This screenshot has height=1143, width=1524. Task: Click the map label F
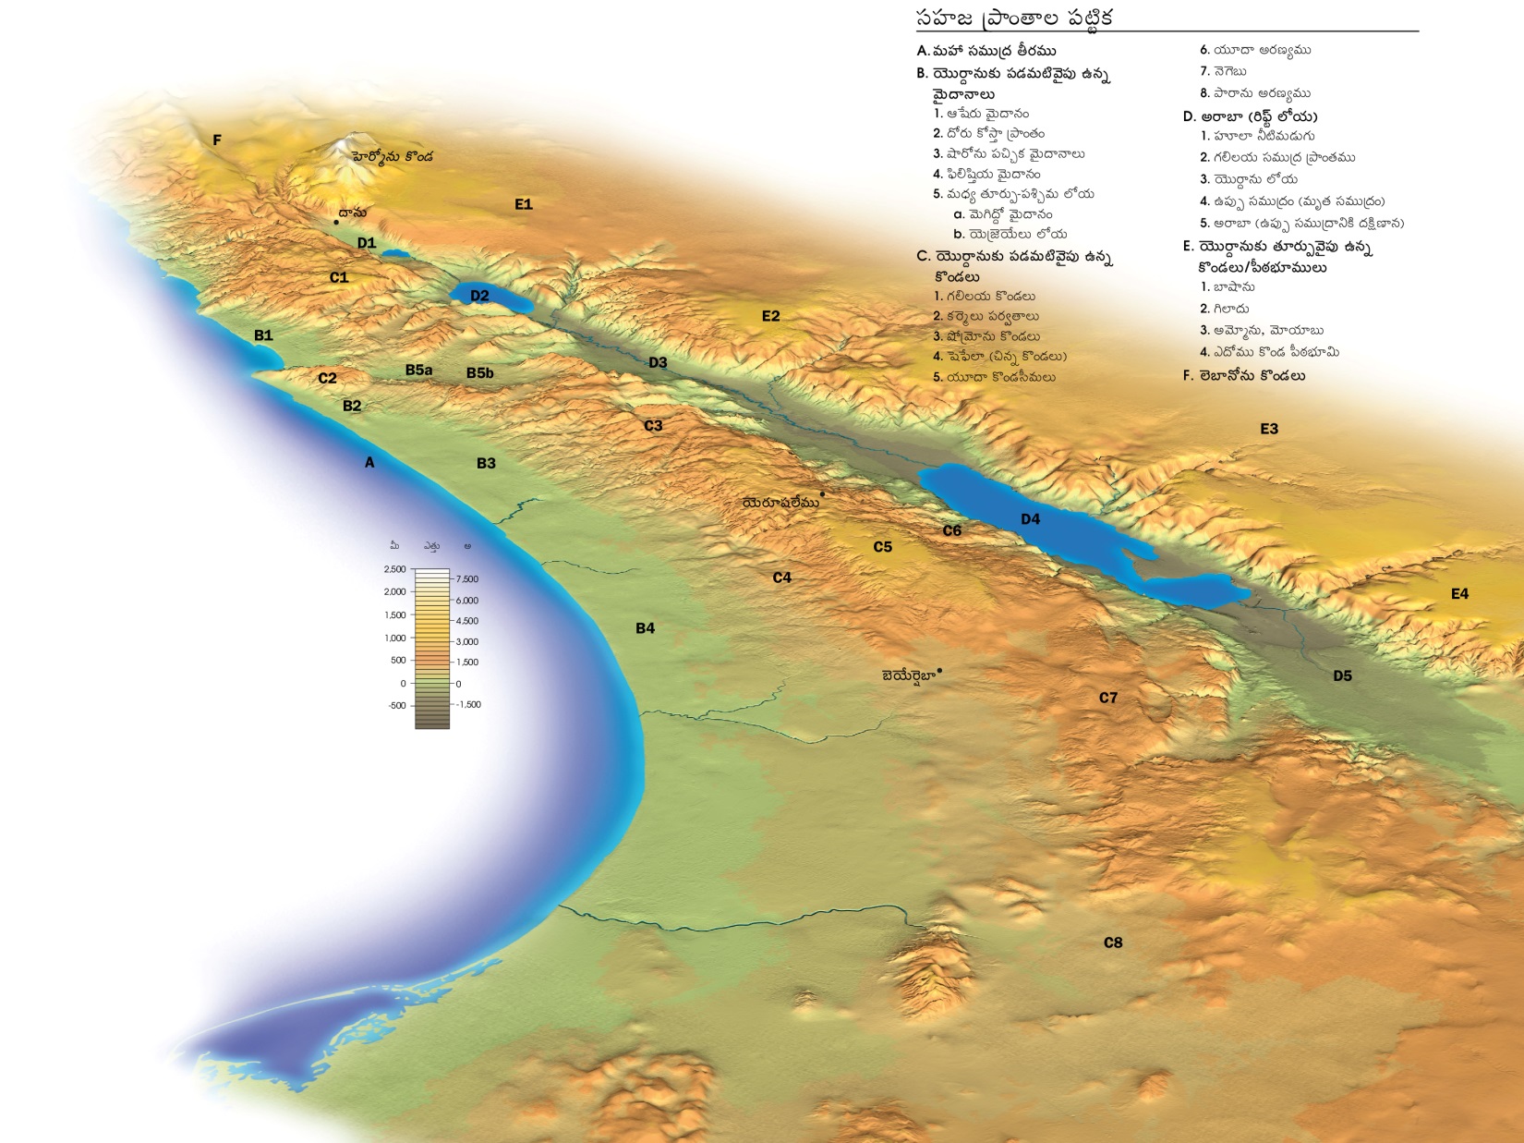tap(217, 140)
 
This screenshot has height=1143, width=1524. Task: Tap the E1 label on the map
tap(524, 204)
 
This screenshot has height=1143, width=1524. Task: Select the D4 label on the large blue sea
tap(1030, 519)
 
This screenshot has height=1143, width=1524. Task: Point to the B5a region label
tap(418, 370)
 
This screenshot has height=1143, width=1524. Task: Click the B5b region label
tap(479, 373)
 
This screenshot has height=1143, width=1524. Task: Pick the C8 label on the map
tap(1113, 942)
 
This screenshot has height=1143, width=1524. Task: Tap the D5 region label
tap(1342, 675)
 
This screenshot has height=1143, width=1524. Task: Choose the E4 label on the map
tap(1459, 594)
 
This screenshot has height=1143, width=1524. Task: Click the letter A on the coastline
tap(369, 462)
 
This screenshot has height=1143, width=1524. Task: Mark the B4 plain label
tap(645, 628)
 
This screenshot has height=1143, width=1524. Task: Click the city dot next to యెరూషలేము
tap(822, 494)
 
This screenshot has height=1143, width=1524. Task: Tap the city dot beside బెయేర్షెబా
tap(939, 671)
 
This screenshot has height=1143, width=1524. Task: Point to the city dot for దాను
tap(336, 223)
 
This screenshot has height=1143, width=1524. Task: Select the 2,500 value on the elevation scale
tap(394, 569)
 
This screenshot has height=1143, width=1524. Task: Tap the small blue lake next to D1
tap(395, 252)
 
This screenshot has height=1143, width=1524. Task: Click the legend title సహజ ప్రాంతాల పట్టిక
tap(1013, 18)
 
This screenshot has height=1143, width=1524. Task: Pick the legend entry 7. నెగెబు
tap(1223, 71)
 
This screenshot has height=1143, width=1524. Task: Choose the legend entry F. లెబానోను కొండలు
tap(1243, 375)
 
